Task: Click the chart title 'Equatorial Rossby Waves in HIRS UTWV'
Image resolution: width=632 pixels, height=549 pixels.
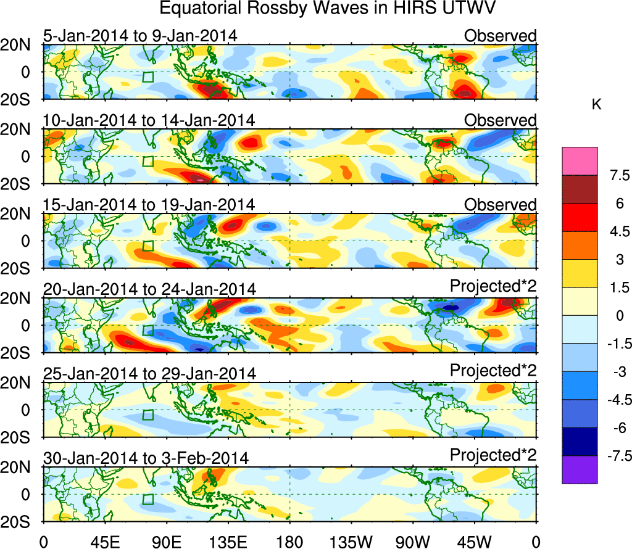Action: [328, 10]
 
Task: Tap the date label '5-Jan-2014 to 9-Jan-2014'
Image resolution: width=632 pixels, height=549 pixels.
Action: [140, 36]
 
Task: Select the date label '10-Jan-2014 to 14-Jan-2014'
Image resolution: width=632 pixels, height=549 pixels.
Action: [149, 120]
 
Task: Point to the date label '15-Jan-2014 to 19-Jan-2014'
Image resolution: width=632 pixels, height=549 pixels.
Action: [149, 205]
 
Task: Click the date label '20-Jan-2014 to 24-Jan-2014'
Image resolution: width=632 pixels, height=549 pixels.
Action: [149, 289]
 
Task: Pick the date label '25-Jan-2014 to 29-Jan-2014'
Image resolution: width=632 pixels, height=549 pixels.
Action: [149, 374]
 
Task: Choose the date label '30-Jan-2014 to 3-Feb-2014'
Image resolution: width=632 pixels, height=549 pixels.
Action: [146, 458]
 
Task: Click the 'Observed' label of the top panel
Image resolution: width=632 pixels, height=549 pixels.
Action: [500, 36]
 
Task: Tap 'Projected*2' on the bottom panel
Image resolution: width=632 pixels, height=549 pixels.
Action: [493, 456]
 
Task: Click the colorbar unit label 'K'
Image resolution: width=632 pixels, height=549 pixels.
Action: [596, 105]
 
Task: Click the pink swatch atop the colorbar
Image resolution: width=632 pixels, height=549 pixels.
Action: [580, 161]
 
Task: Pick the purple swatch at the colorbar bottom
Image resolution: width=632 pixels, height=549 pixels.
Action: [580, 469]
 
